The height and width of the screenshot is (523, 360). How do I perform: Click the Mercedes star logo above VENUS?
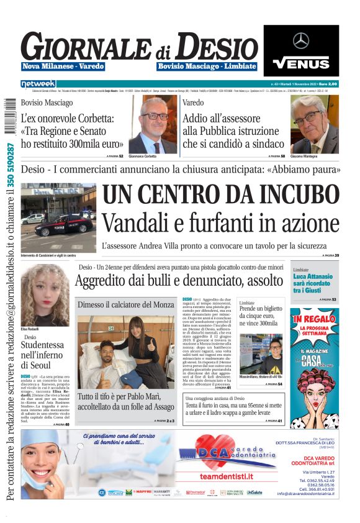point(301,41)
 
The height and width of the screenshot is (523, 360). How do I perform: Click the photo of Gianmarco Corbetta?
point(152,124)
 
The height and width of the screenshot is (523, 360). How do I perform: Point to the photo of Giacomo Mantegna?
point(314,124)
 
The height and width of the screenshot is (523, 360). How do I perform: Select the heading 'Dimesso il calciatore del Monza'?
point(126,305)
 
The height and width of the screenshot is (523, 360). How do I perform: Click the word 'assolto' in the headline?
point(263,281)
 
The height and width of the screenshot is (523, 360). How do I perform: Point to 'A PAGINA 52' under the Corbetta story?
point(115,156)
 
